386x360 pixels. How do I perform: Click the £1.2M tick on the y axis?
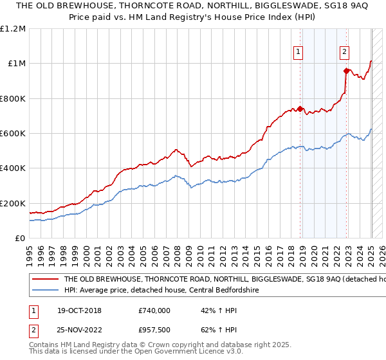13,29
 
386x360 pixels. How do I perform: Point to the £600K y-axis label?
13,134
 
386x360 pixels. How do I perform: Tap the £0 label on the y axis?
21,239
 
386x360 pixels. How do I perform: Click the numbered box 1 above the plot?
299,53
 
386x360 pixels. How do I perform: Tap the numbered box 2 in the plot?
345,53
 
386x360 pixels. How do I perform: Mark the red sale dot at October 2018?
300,109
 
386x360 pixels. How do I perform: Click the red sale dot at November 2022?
346,71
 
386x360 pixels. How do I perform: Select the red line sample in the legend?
44,280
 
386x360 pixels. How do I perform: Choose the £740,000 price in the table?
154,310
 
